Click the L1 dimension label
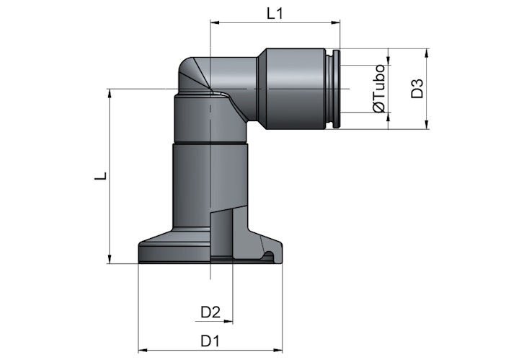tap(275, 14)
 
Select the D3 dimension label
tap(417, 89)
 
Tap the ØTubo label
tap(379, 88)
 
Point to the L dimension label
tap(101, 176)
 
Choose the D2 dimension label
tap(210, 312)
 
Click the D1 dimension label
tap(210, 341)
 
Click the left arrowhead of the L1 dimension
tap(215, 22)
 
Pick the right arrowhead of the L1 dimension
tap(336, 22)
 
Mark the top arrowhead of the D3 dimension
tap(427, 53)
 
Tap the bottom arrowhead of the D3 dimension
tap(427, 125)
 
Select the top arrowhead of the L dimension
tap(110, 93)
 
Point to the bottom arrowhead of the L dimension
tap(110, 259)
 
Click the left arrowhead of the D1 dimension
tap(143, 350)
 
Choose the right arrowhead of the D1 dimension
tap(278, 350)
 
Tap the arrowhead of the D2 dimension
tap(228, 321)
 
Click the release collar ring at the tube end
tap(336, 89)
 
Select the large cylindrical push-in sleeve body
tap(296, 89)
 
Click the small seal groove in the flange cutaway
tap(269, 256)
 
